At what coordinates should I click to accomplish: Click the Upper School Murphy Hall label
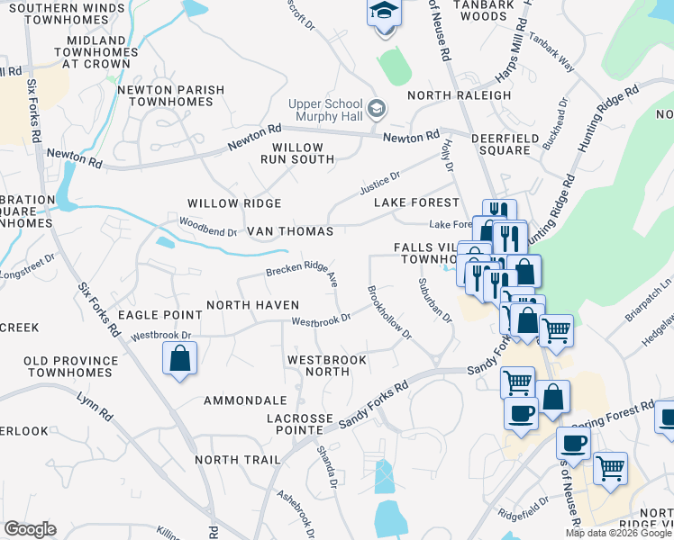click(325, 111)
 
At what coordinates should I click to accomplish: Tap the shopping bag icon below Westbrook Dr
click(180, 360)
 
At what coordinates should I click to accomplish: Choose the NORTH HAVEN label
click(252, 305)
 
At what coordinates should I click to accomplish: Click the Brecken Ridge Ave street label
click(302, 274)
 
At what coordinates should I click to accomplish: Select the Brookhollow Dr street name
click(389, 312)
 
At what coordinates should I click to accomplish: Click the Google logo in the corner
click(29, 529)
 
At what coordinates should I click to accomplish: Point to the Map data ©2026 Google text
click(618, 533)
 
